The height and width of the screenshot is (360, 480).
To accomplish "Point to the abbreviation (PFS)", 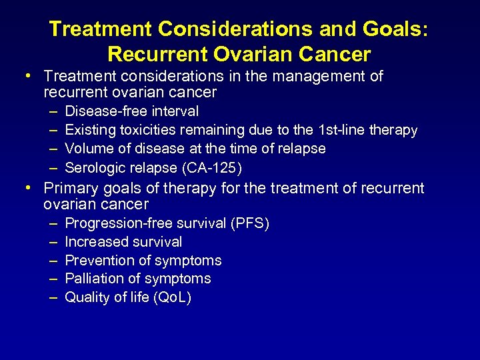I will tap(249, 223).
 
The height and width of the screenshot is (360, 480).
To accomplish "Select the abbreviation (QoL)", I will tap(172, 297).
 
